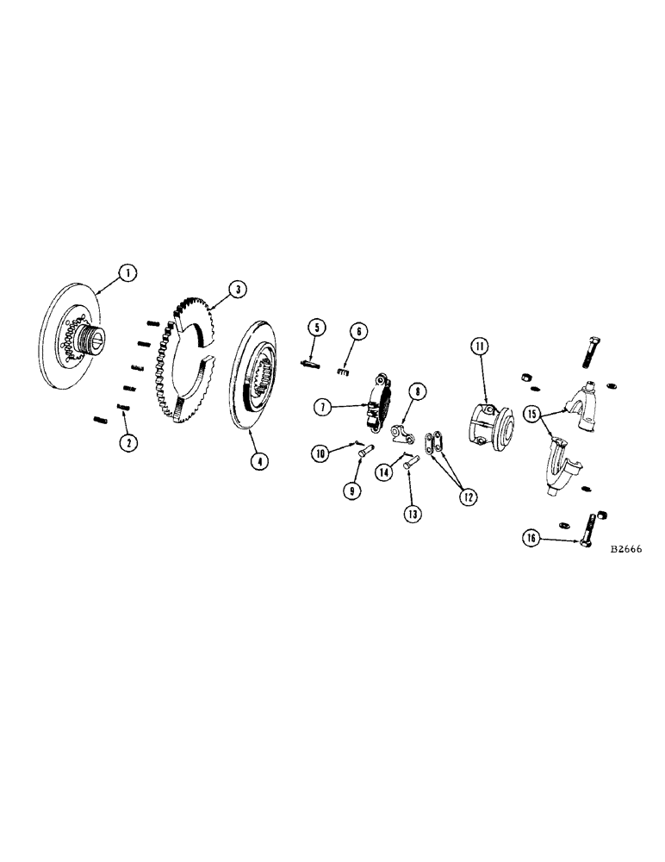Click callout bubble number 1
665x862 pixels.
click(x=127, y=274)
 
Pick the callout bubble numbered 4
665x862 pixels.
click(x=258, y=460)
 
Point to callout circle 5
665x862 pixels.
click(x=317, y=328)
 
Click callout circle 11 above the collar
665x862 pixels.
click(x=479, y=347)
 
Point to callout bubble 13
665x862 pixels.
click(x=413, y=513)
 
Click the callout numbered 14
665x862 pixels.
click(x=384, y=472)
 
